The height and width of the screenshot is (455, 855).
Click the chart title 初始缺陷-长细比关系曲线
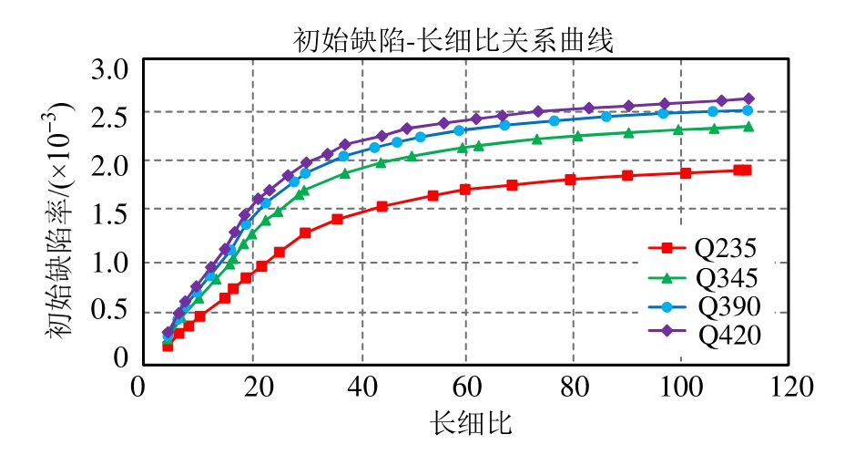[x=453, y=41]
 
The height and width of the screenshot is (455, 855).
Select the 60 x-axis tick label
[x=465, y=388]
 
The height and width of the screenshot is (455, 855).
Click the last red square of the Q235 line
[x=746, y=171]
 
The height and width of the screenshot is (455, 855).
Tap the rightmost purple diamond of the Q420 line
[x=748, y=98]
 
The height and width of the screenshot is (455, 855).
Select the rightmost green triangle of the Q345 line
[x=748, y=127]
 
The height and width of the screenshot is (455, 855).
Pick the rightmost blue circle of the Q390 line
[x=748, y=110]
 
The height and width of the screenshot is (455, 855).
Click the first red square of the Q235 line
[x=168, y=346]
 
